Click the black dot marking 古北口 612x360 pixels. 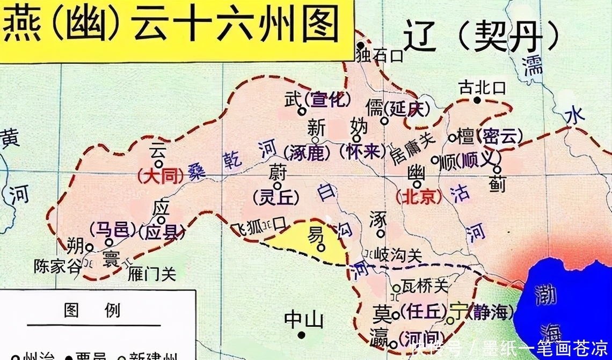click(477, 100)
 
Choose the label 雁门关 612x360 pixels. click(152, 274)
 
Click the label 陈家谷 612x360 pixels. click(57, 267)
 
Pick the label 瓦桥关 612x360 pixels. click(425, 285)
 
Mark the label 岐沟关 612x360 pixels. click(399, 255)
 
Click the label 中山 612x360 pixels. click(304, 321)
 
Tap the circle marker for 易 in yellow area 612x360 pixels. click(320, 248)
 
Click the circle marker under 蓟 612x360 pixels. click(497, 170)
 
